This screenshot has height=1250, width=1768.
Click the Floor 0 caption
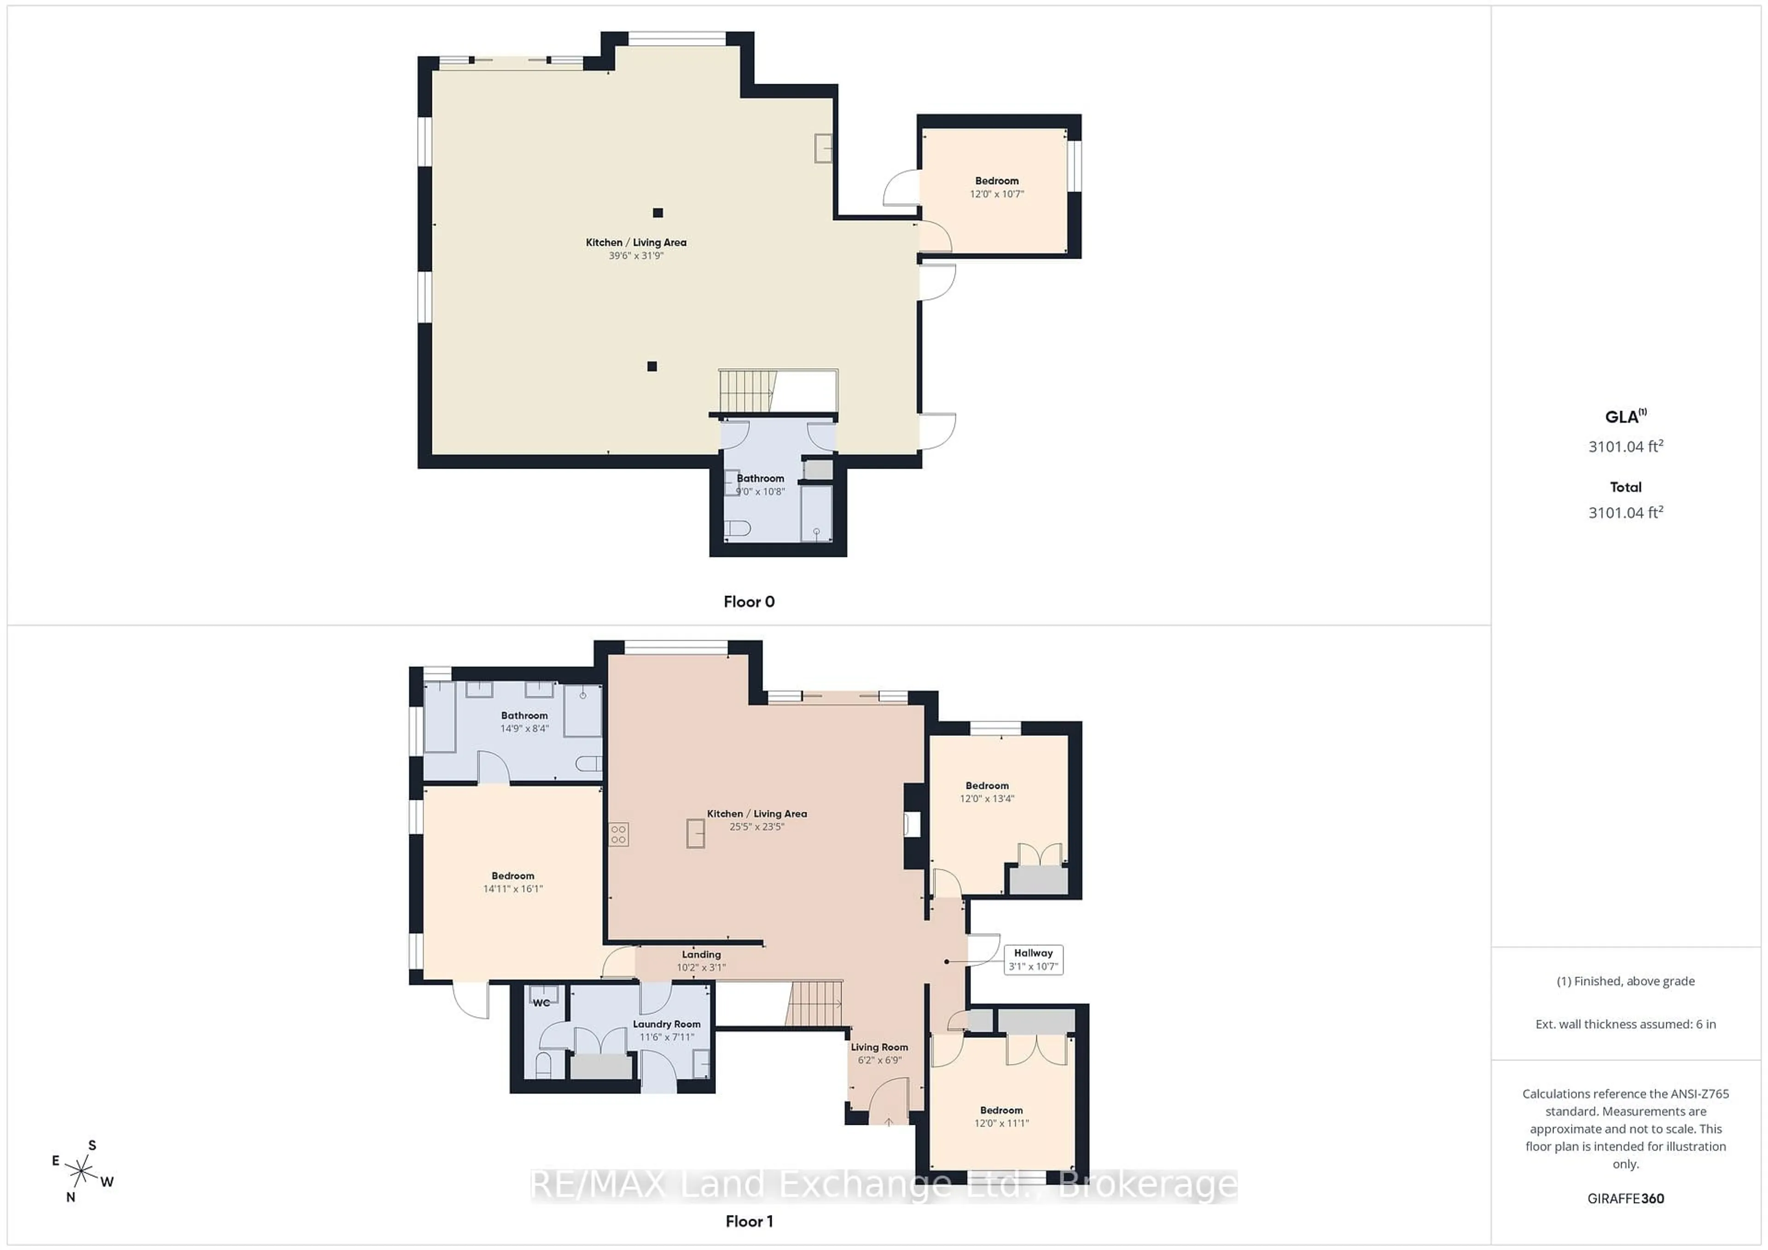[x=749, y=602]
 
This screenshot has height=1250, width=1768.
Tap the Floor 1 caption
[x=749, y=1221]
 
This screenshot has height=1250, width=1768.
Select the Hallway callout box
[x=1033, y=960]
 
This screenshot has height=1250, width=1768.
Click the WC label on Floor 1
[x=541, y=1003]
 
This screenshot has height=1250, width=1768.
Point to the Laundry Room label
[x=666, y=1024]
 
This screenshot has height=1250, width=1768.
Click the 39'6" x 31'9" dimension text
[x=636, y=255]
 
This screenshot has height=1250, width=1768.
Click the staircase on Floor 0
[x=745, y=391]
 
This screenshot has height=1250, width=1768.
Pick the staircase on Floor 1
[x=814, y=1004]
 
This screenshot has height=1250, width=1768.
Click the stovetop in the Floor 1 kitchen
[x=618, y=834]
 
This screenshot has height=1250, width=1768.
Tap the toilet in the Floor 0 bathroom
[x=738, y=528]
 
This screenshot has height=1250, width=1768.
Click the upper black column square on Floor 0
[x=657, y=213]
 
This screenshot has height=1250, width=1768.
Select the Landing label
[x=701, y=955]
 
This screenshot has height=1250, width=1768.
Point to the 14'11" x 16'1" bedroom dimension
[x=513, y=889]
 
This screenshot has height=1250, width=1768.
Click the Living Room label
[x=879, y=1047]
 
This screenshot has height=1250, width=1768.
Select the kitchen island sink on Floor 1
[x=695, y=833]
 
